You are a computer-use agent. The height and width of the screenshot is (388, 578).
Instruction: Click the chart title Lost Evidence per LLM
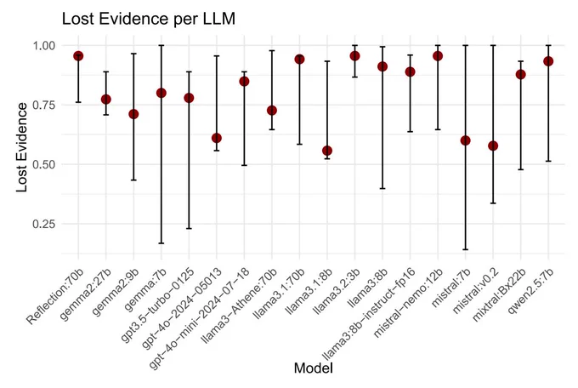[149, 19]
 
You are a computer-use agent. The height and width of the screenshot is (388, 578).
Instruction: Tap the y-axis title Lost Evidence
[22, 147]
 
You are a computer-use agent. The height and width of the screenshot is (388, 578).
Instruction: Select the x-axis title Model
[314, 368]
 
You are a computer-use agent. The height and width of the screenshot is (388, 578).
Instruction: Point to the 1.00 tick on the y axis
[44, 46]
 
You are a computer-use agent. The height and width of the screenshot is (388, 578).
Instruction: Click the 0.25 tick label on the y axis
[44, 224]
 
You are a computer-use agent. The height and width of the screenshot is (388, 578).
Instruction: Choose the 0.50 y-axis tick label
[44, 165]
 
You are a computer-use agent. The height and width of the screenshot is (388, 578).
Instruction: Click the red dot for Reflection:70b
[78, 56]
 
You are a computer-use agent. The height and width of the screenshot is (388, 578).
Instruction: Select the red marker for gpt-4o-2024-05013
[217, 138]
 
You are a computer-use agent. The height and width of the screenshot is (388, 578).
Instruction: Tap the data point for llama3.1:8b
[327, 151]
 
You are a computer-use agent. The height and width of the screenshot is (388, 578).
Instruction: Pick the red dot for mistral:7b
[465, 140]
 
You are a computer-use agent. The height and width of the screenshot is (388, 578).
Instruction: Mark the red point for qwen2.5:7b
[548, 61]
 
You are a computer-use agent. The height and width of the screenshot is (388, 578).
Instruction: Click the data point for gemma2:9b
[133, 115]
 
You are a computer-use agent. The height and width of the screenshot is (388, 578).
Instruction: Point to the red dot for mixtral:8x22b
[520, 75]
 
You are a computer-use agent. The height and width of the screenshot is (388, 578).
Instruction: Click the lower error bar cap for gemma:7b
[161, 243]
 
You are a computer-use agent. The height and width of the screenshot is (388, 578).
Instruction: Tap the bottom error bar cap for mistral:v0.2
[493, 203]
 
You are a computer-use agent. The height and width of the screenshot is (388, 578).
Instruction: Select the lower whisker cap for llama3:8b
[382, 189]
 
